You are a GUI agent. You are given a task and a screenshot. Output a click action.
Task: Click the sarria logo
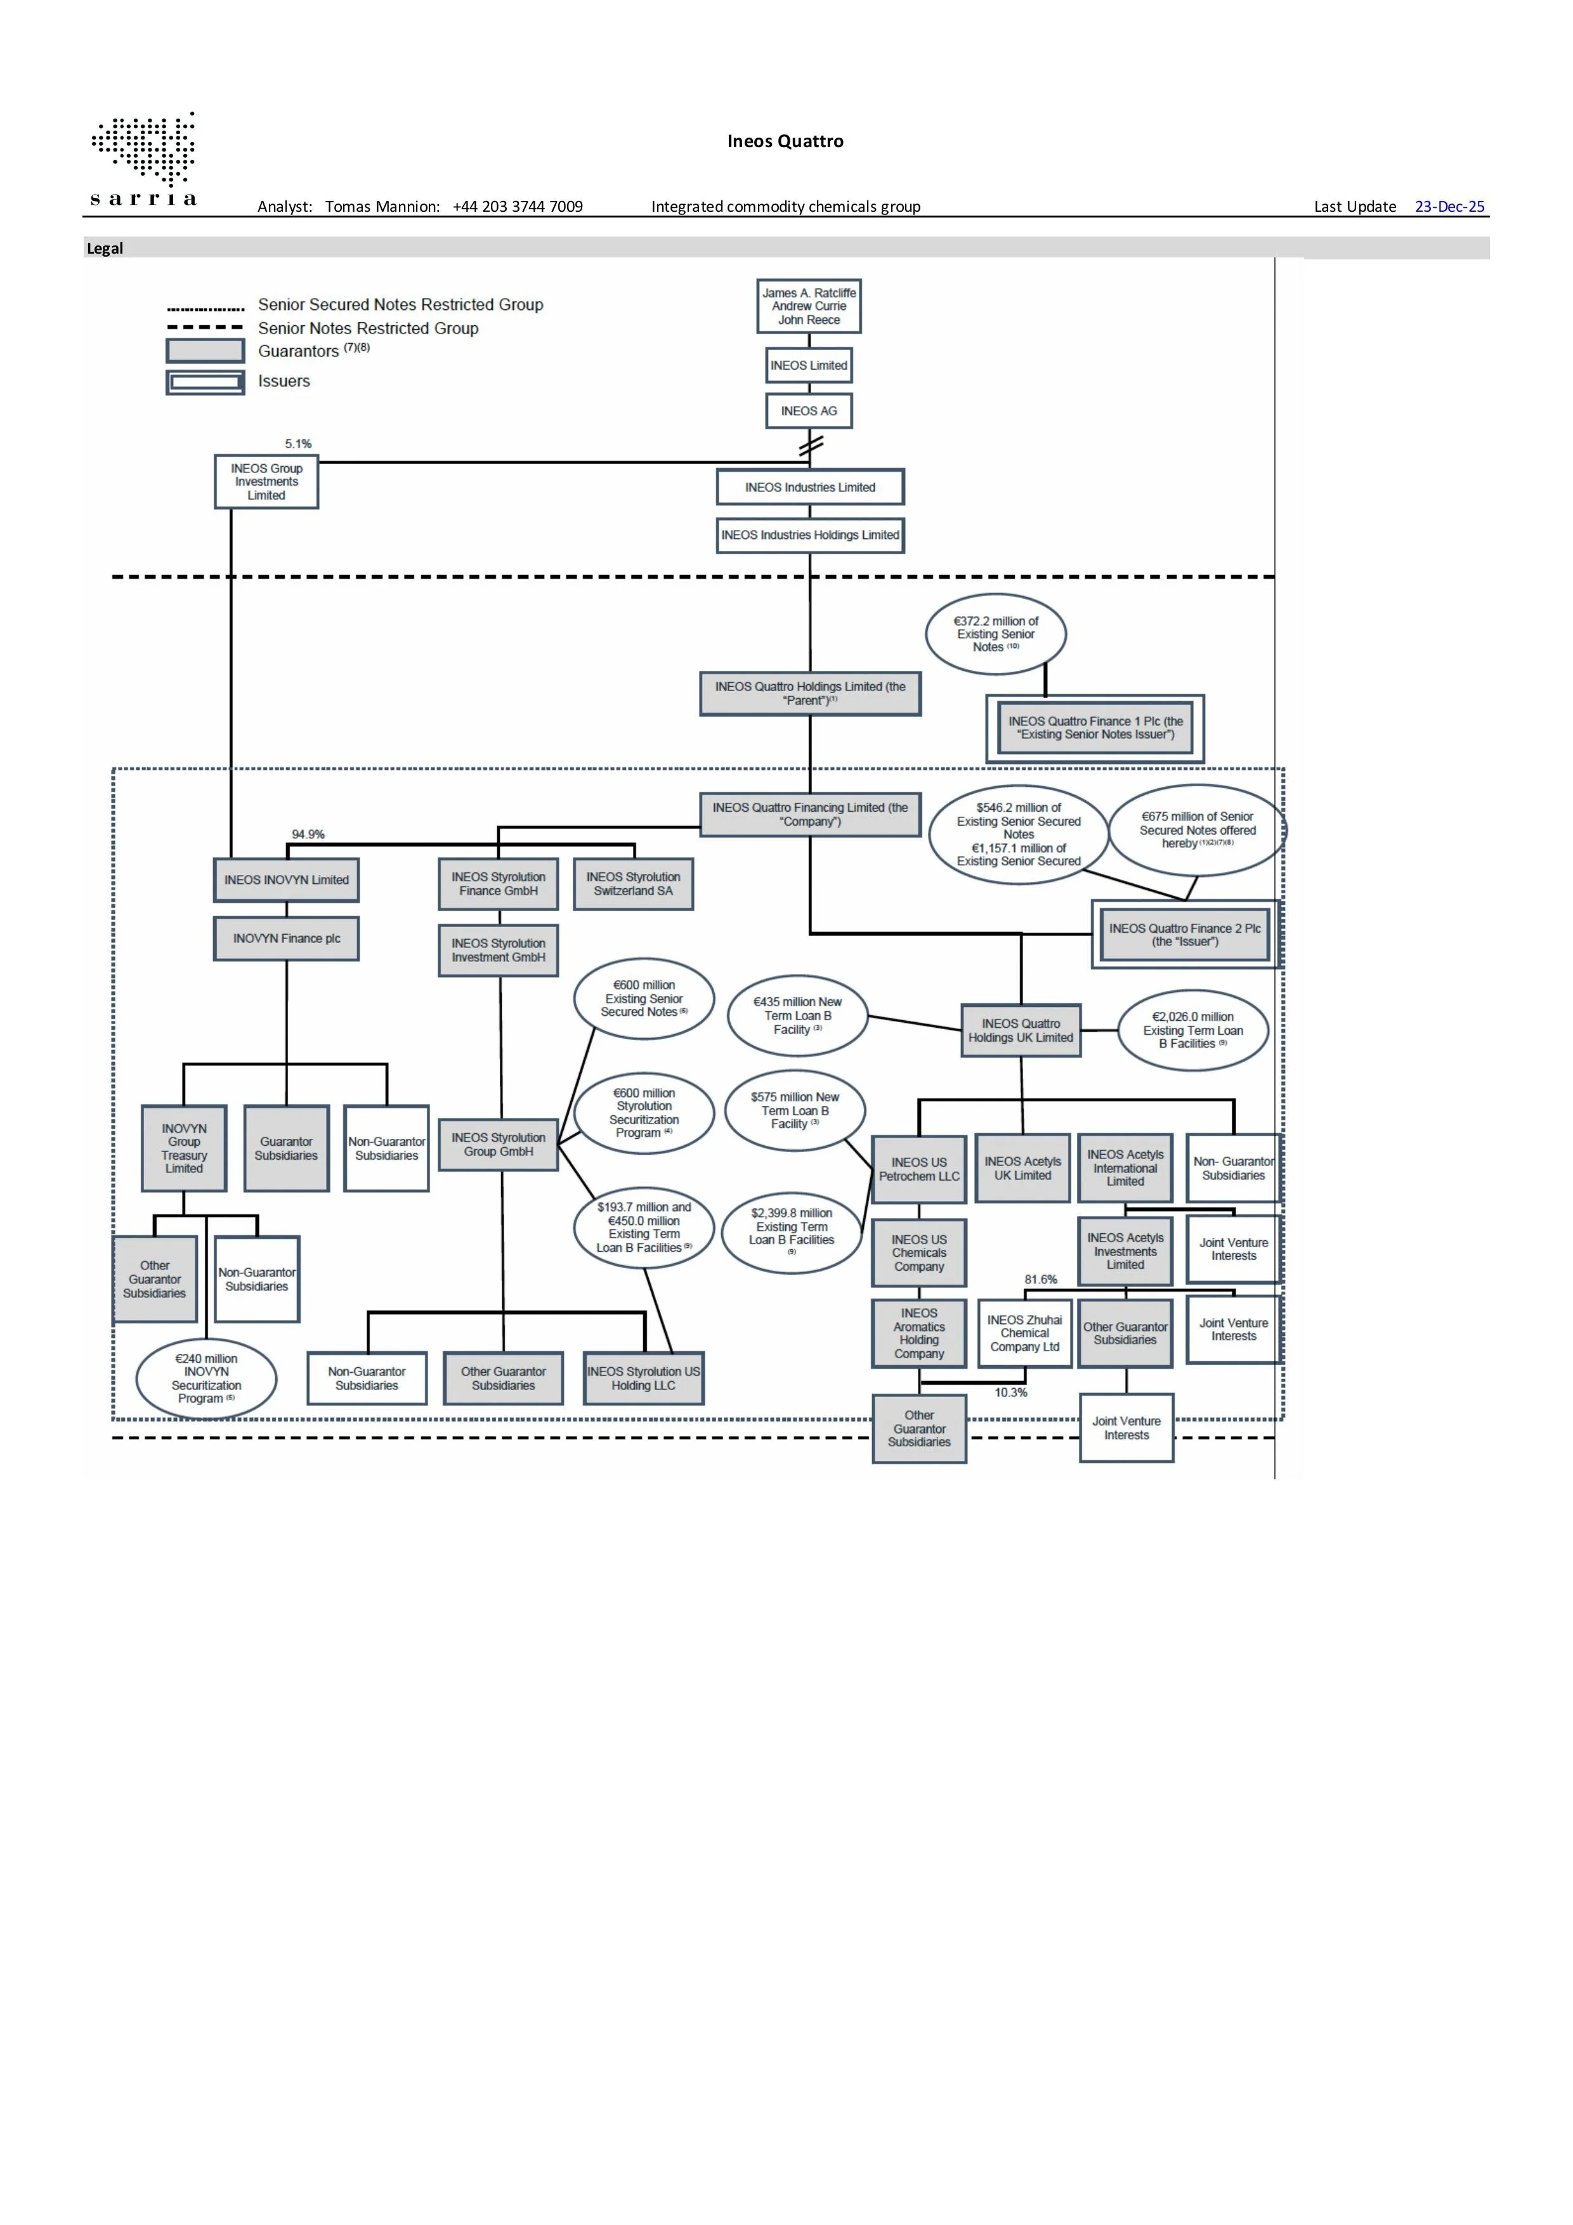(143, 160)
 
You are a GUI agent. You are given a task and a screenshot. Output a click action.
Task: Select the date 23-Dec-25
(1449, 207)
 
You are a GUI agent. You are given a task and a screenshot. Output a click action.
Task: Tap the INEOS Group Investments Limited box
(266, 482)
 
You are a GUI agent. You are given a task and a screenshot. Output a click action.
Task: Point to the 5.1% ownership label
(299, 444)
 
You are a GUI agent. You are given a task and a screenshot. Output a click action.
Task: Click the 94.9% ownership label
(308, 834)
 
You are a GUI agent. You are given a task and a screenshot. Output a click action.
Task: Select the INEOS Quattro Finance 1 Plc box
(1095, 728)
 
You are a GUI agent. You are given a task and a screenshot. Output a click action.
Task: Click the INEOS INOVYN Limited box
(286, 880)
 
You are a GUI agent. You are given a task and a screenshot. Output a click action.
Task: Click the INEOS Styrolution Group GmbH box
(498, 1145)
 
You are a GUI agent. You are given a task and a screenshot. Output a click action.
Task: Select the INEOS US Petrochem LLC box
(919, 1169)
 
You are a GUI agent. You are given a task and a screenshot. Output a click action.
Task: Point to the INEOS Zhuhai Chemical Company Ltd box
(1024, 1333)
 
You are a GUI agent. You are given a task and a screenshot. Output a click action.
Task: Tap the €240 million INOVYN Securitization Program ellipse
(206, 1379)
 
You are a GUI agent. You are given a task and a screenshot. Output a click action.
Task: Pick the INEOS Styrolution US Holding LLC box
(644, 1378)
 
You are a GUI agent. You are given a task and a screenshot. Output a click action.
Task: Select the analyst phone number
(518, 207)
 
